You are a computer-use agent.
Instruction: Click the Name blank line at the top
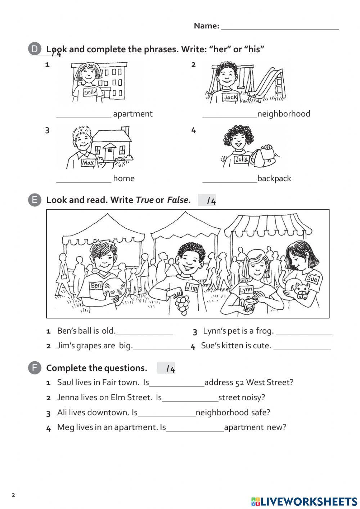tap(279, 28)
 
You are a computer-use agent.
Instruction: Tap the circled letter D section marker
tap(35, 49)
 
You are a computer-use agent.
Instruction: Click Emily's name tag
tap(90, 92)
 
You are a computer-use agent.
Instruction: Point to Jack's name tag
tap(230, 97)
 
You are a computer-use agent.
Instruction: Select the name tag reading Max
tap(88, 163)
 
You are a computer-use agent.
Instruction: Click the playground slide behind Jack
tap(268, 83)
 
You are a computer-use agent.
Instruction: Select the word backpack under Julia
tap(274, 179)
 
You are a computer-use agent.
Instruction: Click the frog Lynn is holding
tap(249, 302)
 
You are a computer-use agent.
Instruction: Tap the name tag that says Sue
tap(312, 278)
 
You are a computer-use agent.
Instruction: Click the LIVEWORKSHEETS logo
tap(304, 501)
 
